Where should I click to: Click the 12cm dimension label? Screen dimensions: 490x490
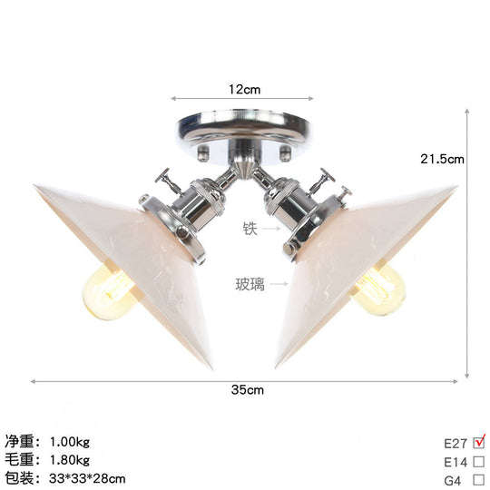point(244,90)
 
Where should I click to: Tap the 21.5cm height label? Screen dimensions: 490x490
point(442,159)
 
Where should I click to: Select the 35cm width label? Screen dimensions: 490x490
point(246,390)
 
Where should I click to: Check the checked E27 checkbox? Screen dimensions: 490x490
point(479,444)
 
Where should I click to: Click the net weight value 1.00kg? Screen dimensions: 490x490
point(70,443)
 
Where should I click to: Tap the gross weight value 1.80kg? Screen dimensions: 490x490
point(70,461)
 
